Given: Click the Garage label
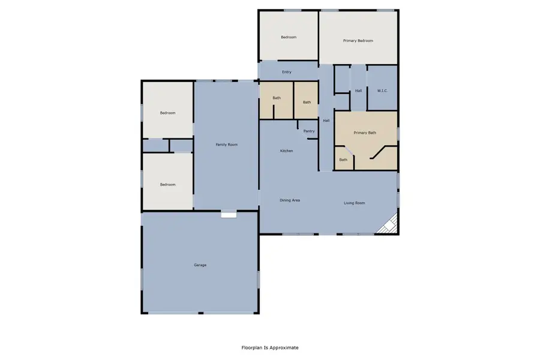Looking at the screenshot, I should point(200,265).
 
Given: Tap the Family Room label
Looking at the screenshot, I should point(227,145).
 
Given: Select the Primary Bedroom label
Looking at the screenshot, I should point(358,41).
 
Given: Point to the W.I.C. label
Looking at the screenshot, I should point(382,91).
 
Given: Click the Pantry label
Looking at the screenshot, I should point(309,131).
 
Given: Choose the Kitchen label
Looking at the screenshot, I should point(287,151).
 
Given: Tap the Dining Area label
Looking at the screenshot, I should point(290,200).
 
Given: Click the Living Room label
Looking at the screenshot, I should point(354,203).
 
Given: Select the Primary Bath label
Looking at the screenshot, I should point(365,133).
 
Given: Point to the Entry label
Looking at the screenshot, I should point(287,72).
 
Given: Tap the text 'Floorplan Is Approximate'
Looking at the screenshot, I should point(269,347).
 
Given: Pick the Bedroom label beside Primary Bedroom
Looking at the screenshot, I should point(289,37).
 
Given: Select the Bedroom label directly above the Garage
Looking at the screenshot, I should point(167,184).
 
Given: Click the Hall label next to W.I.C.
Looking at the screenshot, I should point(358,91).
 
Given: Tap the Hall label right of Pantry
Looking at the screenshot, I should point(326,121).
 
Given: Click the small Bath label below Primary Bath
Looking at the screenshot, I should point(343,160).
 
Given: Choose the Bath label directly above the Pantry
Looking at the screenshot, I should point(307,102).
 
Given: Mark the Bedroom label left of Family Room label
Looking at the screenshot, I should point(167,113).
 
